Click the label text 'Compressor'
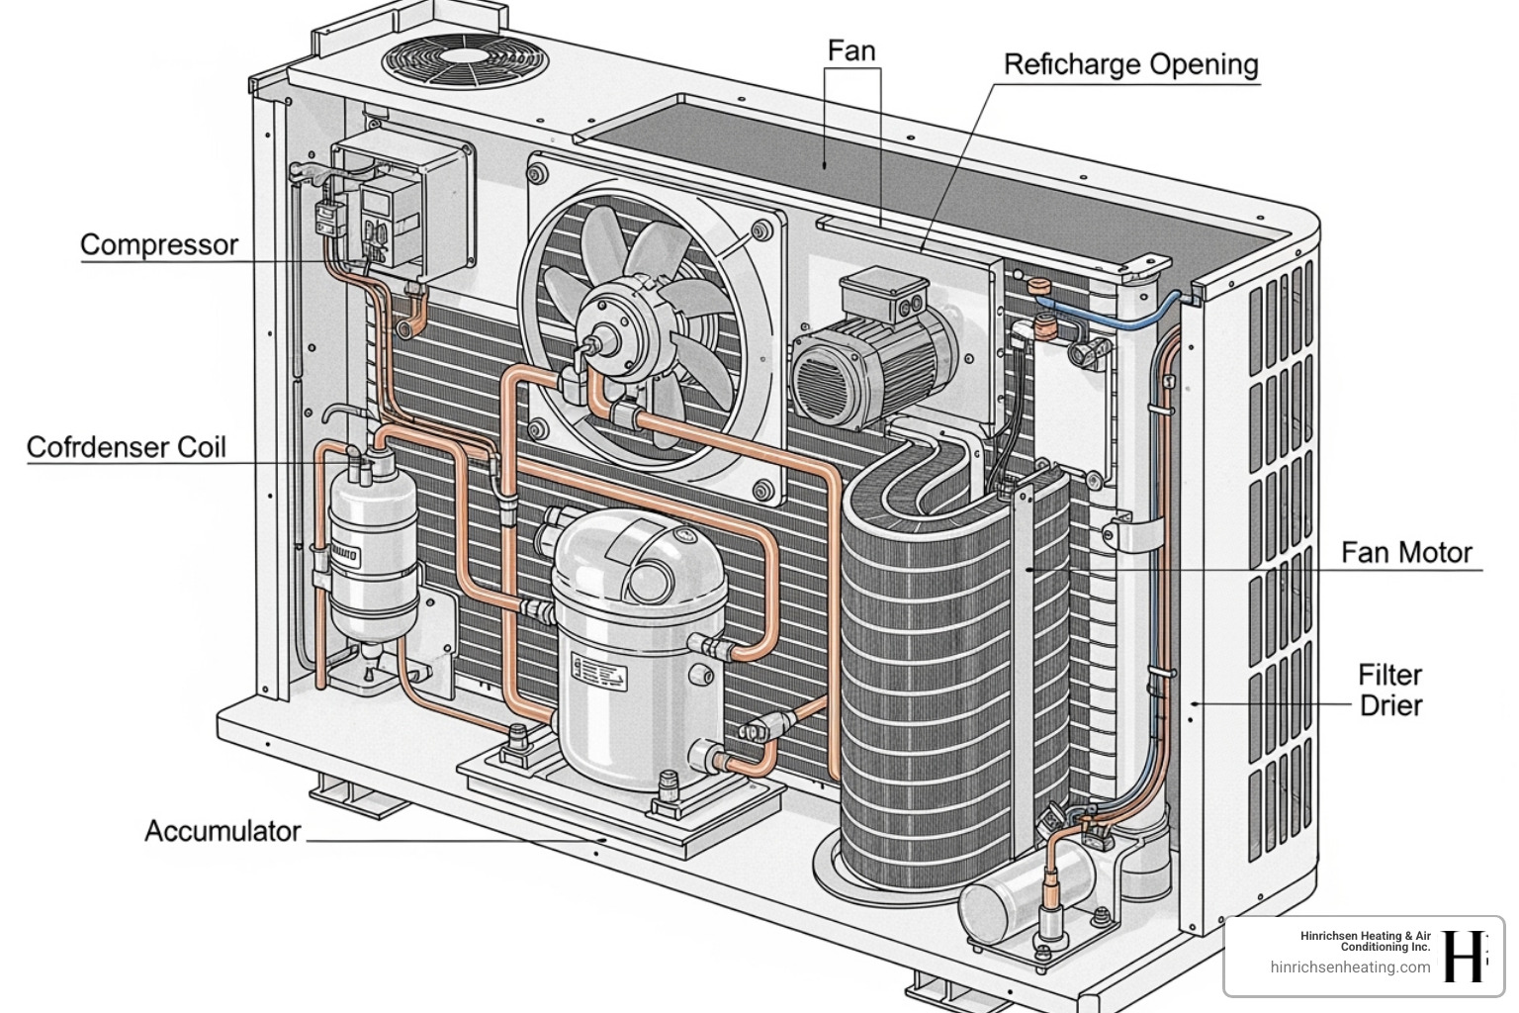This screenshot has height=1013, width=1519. click(x=158, y=245)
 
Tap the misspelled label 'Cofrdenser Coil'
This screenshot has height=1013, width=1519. click(x=126, y=447)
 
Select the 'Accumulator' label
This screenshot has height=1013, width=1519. click(x=223, y=831)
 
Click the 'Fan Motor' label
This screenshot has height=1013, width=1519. click(x=1405, y=552)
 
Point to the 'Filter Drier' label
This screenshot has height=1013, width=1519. click(x=1389, y=691)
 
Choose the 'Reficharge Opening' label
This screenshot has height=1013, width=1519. click(x=1130, y=65)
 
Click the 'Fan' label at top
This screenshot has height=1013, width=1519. click(x=850, y=50)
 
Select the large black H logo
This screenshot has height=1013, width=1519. click(x=1467, y=956)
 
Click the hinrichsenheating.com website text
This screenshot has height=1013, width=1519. click(x=1349, y=967)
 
